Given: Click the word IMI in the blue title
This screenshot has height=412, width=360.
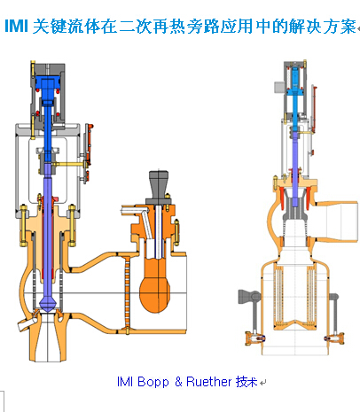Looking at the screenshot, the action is [x=17, y=26].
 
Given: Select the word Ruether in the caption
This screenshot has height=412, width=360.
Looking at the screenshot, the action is [x=209, y=382].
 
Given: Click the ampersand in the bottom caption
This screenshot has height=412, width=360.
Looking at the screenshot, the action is [x=178, y=382].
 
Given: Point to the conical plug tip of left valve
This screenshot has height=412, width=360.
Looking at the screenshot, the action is [x=47, y=304].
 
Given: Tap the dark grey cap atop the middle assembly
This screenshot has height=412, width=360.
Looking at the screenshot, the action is [x=159, y=185].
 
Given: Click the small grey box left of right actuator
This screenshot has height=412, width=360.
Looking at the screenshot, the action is [x=279, y=87].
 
